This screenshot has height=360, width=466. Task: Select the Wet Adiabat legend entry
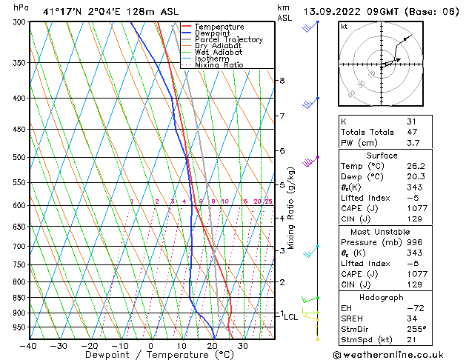point(219,52)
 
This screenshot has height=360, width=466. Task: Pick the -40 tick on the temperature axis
point(29,346)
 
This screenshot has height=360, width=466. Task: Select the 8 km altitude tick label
point(282,80)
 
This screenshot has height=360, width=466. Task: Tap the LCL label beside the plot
point(291,317)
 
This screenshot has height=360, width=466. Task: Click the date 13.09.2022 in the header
point(334,11)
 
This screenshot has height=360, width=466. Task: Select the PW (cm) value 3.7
point(413,143)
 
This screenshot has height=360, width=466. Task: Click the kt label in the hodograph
point(344,26)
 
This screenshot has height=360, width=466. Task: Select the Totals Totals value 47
point(411,132)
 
